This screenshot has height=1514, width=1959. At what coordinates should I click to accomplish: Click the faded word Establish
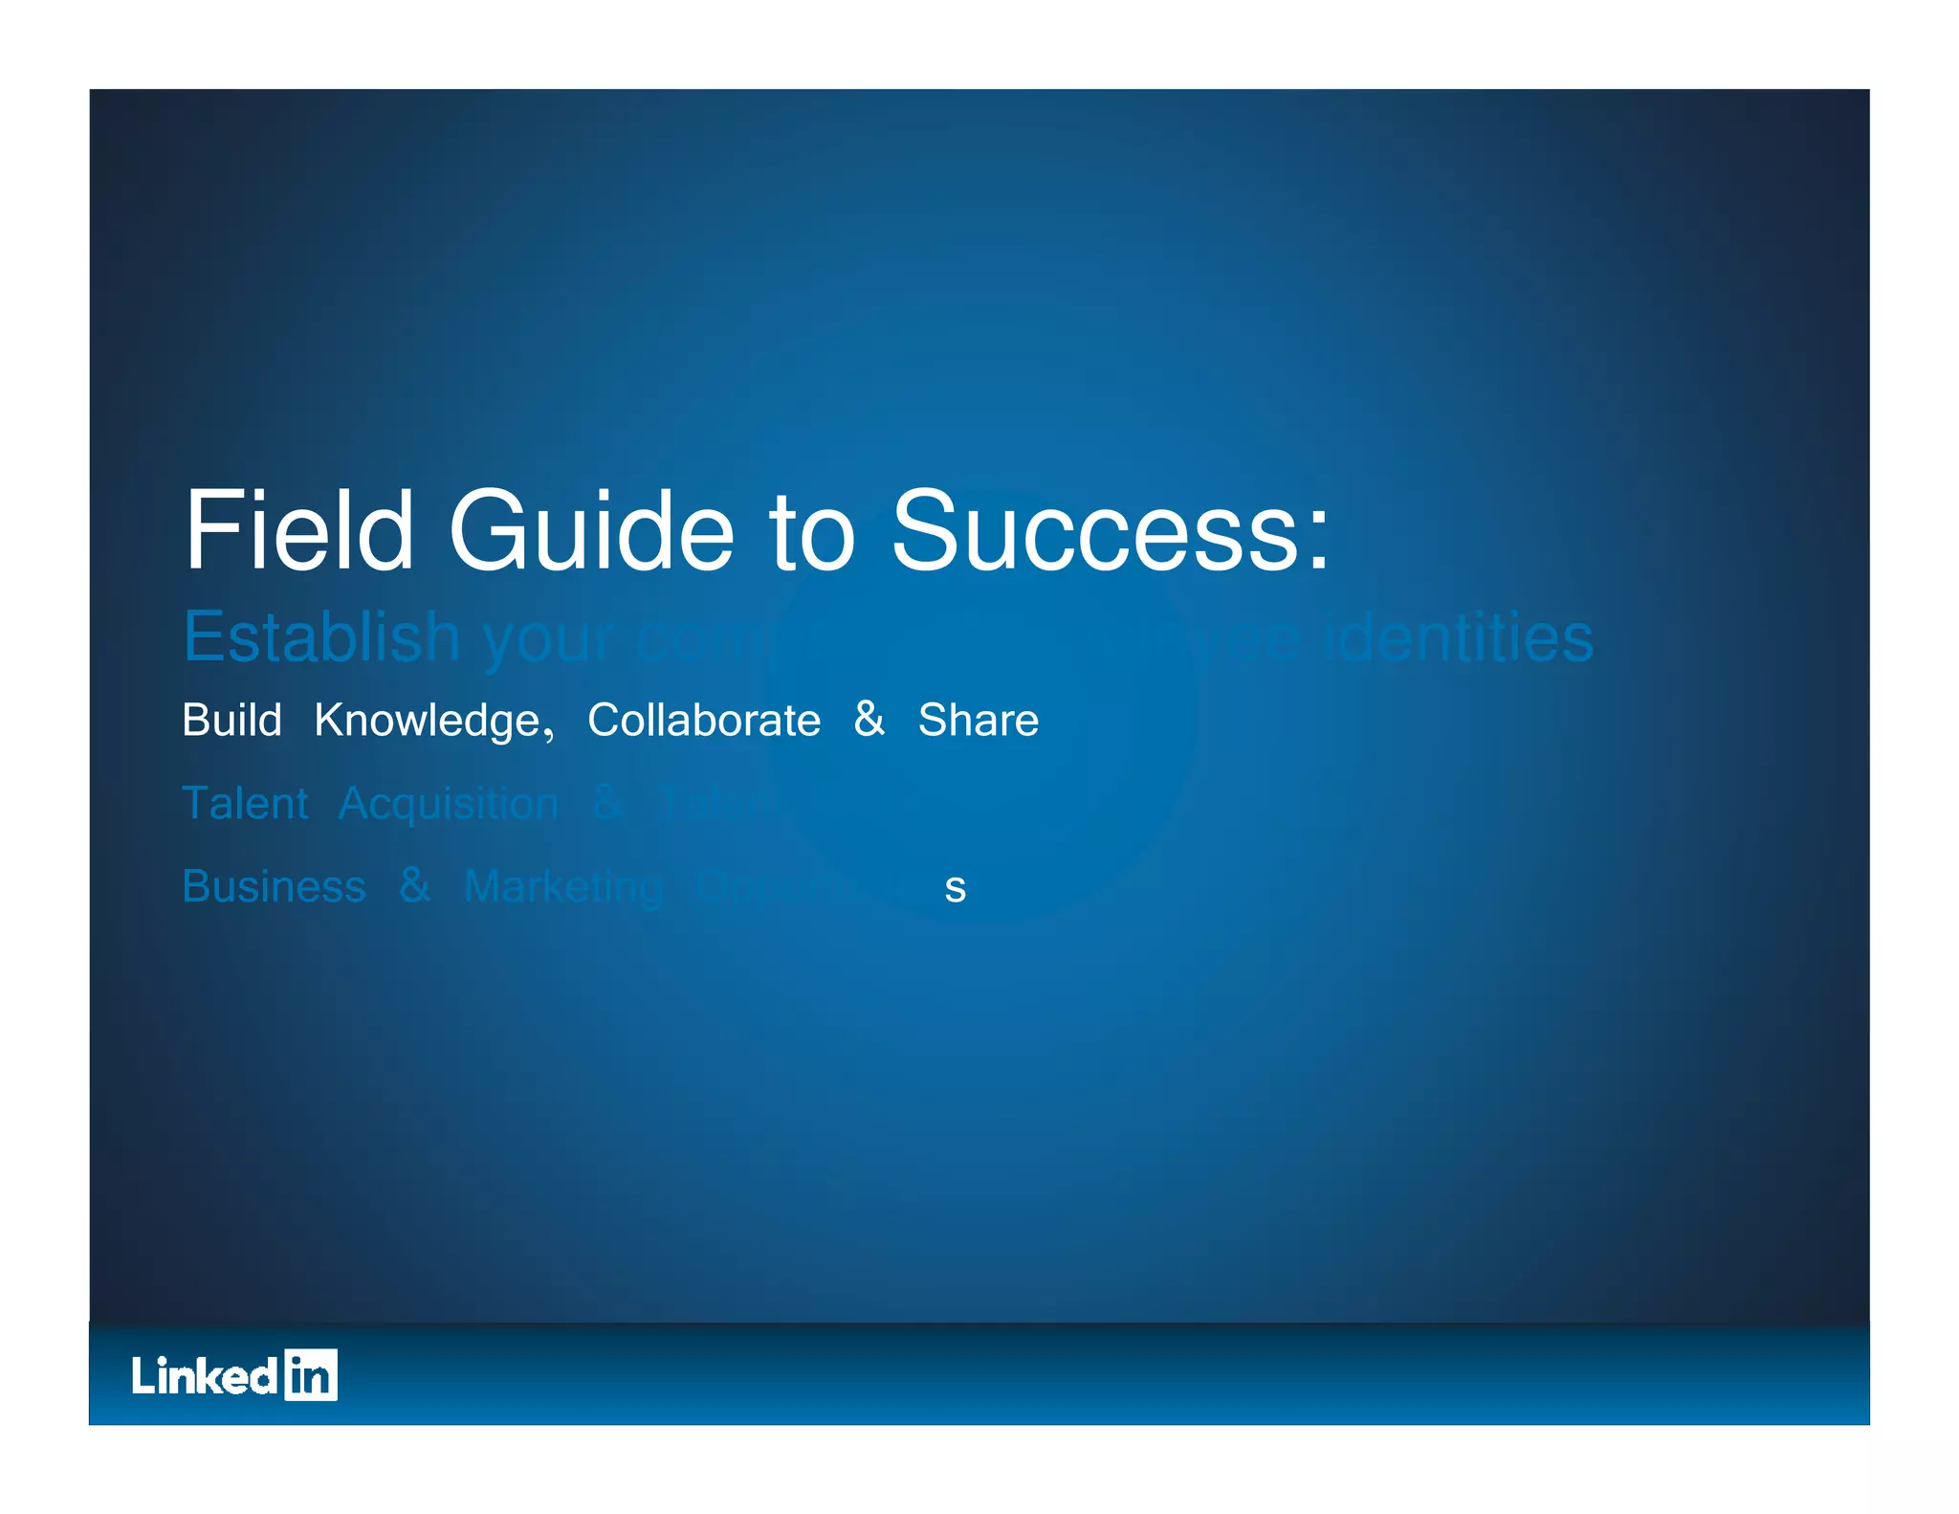321,636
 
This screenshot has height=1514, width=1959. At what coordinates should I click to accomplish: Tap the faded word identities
1458,637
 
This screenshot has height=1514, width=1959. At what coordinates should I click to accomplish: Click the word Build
231,720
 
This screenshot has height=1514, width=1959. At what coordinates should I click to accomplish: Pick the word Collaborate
703,720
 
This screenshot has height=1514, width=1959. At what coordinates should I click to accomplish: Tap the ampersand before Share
869,719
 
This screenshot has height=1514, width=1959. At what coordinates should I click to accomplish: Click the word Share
978,720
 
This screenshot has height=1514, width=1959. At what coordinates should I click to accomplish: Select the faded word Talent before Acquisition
245,803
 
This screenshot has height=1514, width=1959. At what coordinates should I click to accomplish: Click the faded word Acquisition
448,805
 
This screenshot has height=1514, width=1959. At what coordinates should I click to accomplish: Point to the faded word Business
274,886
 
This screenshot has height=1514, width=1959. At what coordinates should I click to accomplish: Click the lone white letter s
955,889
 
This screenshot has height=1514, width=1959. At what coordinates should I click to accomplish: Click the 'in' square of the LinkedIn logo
311,1375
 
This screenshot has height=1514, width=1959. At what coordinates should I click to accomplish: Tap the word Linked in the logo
205,1375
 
